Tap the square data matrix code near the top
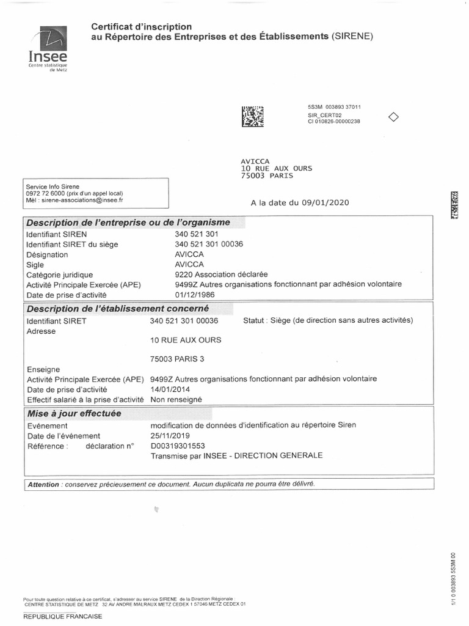(x=253, y=116)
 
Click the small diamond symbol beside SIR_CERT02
(x=394, y=117)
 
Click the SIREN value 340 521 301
(x=197, y=234)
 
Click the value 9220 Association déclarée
(x=221, y=275)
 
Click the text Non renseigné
(x=176, y=399)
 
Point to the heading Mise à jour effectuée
(x=74, y=413)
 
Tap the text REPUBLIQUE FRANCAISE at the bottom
(x=63, y=617)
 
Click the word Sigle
(x=36, y=265)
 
